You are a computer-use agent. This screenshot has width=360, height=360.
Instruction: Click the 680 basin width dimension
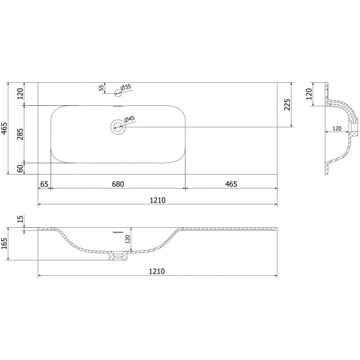[117, 184]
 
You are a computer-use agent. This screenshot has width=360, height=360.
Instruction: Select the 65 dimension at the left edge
[44, 184]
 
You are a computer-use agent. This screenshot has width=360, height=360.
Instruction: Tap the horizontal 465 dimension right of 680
[231, 184]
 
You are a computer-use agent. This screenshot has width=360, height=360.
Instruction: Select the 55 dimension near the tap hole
[102, 88]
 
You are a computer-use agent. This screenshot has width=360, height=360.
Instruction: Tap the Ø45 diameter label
[129, 119]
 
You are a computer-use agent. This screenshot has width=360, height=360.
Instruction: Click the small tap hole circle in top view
[118, 94]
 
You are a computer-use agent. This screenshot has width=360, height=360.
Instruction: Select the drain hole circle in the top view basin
[118, 126]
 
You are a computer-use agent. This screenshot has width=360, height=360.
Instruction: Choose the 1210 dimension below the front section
[157, 271]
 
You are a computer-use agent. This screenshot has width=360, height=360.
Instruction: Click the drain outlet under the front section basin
[118, 256]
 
